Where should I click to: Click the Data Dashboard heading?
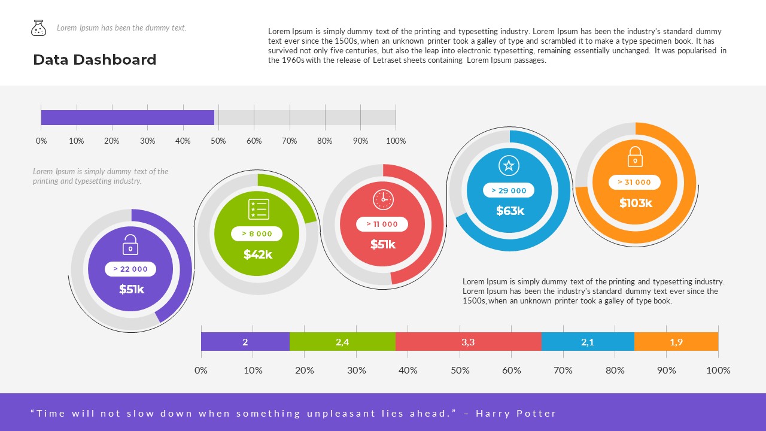95,60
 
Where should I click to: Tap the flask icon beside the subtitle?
38,28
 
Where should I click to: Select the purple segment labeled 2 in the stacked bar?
245,342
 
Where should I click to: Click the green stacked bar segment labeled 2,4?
342,342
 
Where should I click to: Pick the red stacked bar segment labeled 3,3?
468,342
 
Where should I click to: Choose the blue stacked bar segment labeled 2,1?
588,342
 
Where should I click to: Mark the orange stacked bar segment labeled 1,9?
676,342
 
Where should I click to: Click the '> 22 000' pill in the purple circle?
130,269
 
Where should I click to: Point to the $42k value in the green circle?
257,254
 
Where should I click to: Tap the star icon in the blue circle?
509,166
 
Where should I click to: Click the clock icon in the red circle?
383,199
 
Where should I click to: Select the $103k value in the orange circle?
636,203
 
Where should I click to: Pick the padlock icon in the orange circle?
635,157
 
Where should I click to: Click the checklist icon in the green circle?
259,210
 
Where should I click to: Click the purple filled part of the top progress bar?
127,118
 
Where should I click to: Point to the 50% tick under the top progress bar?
218,141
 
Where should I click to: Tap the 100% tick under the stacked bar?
718,370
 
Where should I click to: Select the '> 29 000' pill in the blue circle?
509,190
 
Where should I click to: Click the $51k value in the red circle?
383,244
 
